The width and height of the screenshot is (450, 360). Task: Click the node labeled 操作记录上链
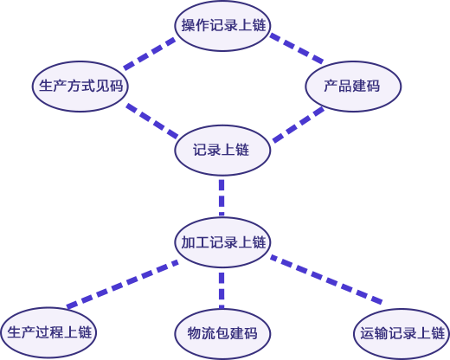222,25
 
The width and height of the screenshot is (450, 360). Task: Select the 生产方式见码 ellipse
80,87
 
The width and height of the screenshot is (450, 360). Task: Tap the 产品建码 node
353,87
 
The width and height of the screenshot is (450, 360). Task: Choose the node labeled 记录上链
222,151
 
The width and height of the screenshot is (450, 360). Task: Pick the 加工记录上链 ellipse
222,242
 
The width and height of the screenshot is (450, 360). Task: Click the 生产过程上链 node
48,332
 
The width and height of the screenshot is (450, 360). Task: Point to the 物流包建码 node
222,334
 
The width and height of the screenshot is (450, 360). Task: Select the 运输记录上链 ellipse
402,334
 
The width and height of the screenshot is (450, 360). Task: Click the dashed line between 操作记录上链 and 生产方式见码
150,54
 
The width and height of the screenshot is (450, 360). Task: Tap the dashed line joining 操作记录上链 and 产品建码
297,48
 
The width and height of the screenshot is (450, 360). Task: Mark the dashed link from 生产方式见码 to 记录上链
152,120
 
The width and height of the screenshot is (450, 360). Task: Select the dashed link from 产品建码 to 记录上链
299,125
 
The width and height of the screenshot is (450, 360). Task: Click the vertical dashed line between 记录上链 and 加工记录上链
222,197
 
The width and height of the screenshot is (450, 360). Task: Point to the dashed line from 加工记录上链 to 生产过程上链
123,284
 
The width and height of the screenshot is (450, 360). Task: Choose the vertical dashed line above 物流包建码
222,291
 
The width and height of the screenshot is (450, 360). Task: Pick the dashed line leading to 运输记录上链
326,280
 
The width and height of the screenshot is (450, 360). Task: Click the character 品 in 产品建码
344,86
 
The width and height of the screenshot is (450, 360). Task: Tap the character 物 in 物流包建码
195,333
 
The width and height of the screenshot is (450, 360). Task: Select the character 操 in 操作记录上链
188,25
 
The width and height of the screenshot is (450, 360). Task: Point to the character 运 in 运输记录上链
367,333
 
